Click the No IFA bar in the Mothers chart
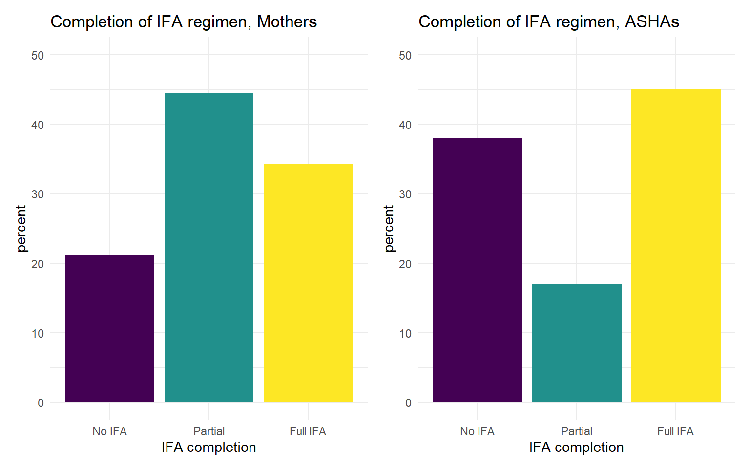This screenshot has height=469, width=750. [110, 328]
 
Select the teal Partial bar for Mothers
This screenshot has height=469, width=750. [209, 248]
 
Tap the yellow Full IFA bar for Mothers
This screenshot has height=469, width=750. [308, 283]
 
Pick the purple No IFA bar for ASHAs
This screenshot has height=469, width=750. [478, 270]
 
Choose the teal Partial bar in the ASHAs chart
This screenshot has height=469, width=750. [577, 343]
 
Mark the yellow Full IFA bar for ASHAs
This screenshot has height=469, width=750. [676, 246]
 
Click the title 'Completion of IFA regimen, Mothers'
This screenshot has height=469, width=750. [184, 22]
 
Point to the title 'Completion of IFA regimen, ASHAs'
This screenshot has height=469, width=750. [549, 22]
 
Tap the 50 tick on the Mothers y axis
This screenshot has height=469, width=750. [38, 55]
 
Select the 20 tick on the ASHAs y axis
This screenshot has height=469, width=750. [405, 264]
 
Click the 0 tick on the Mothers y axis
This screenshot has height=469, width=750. [41, 403]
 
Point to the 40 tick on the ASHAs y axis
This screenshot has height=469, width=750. [405, 125]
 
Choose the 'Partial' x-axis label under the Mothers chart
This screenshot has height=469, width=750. [209, 431]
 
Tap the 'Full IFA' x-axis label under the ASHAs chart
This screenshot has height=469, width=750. [675, 431]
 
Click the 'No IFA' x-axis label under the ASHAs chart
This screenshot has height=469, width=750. [477, 431]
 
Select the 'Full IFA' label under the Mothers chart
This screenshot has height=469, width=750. [308, 431]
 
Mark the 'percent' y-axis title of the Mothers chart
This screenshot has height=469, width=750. [21, 229]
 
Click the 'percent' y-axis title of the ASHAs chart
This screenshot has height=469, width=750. [389, 229]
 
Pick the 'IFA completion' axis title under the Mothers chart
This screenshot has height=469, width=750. [208, 447]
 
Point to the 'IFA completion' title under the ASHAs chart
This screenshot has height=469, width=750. [576, 447]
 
